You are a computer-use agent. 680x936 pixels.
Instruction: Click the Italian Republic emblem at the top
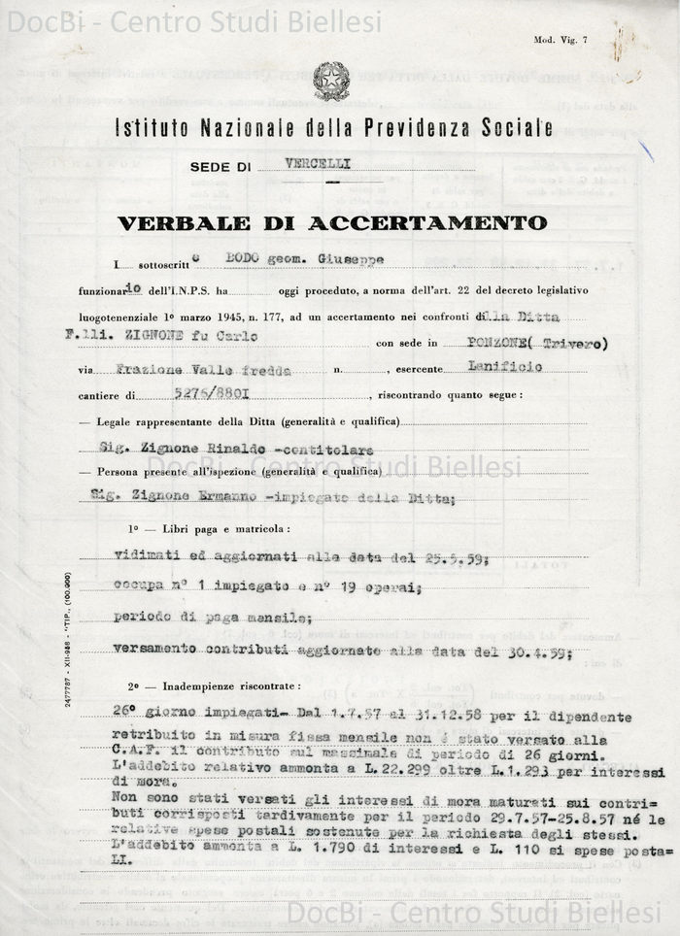pos(331,82)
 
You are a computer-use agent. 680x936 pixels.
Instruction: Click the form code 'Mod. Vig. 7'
pos(561,40)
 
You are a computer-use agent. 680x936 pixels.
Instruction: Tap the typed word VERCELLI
pos(319,163)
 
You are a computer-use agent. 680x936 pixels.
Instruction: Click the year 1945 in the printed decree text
pos(227,317)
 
